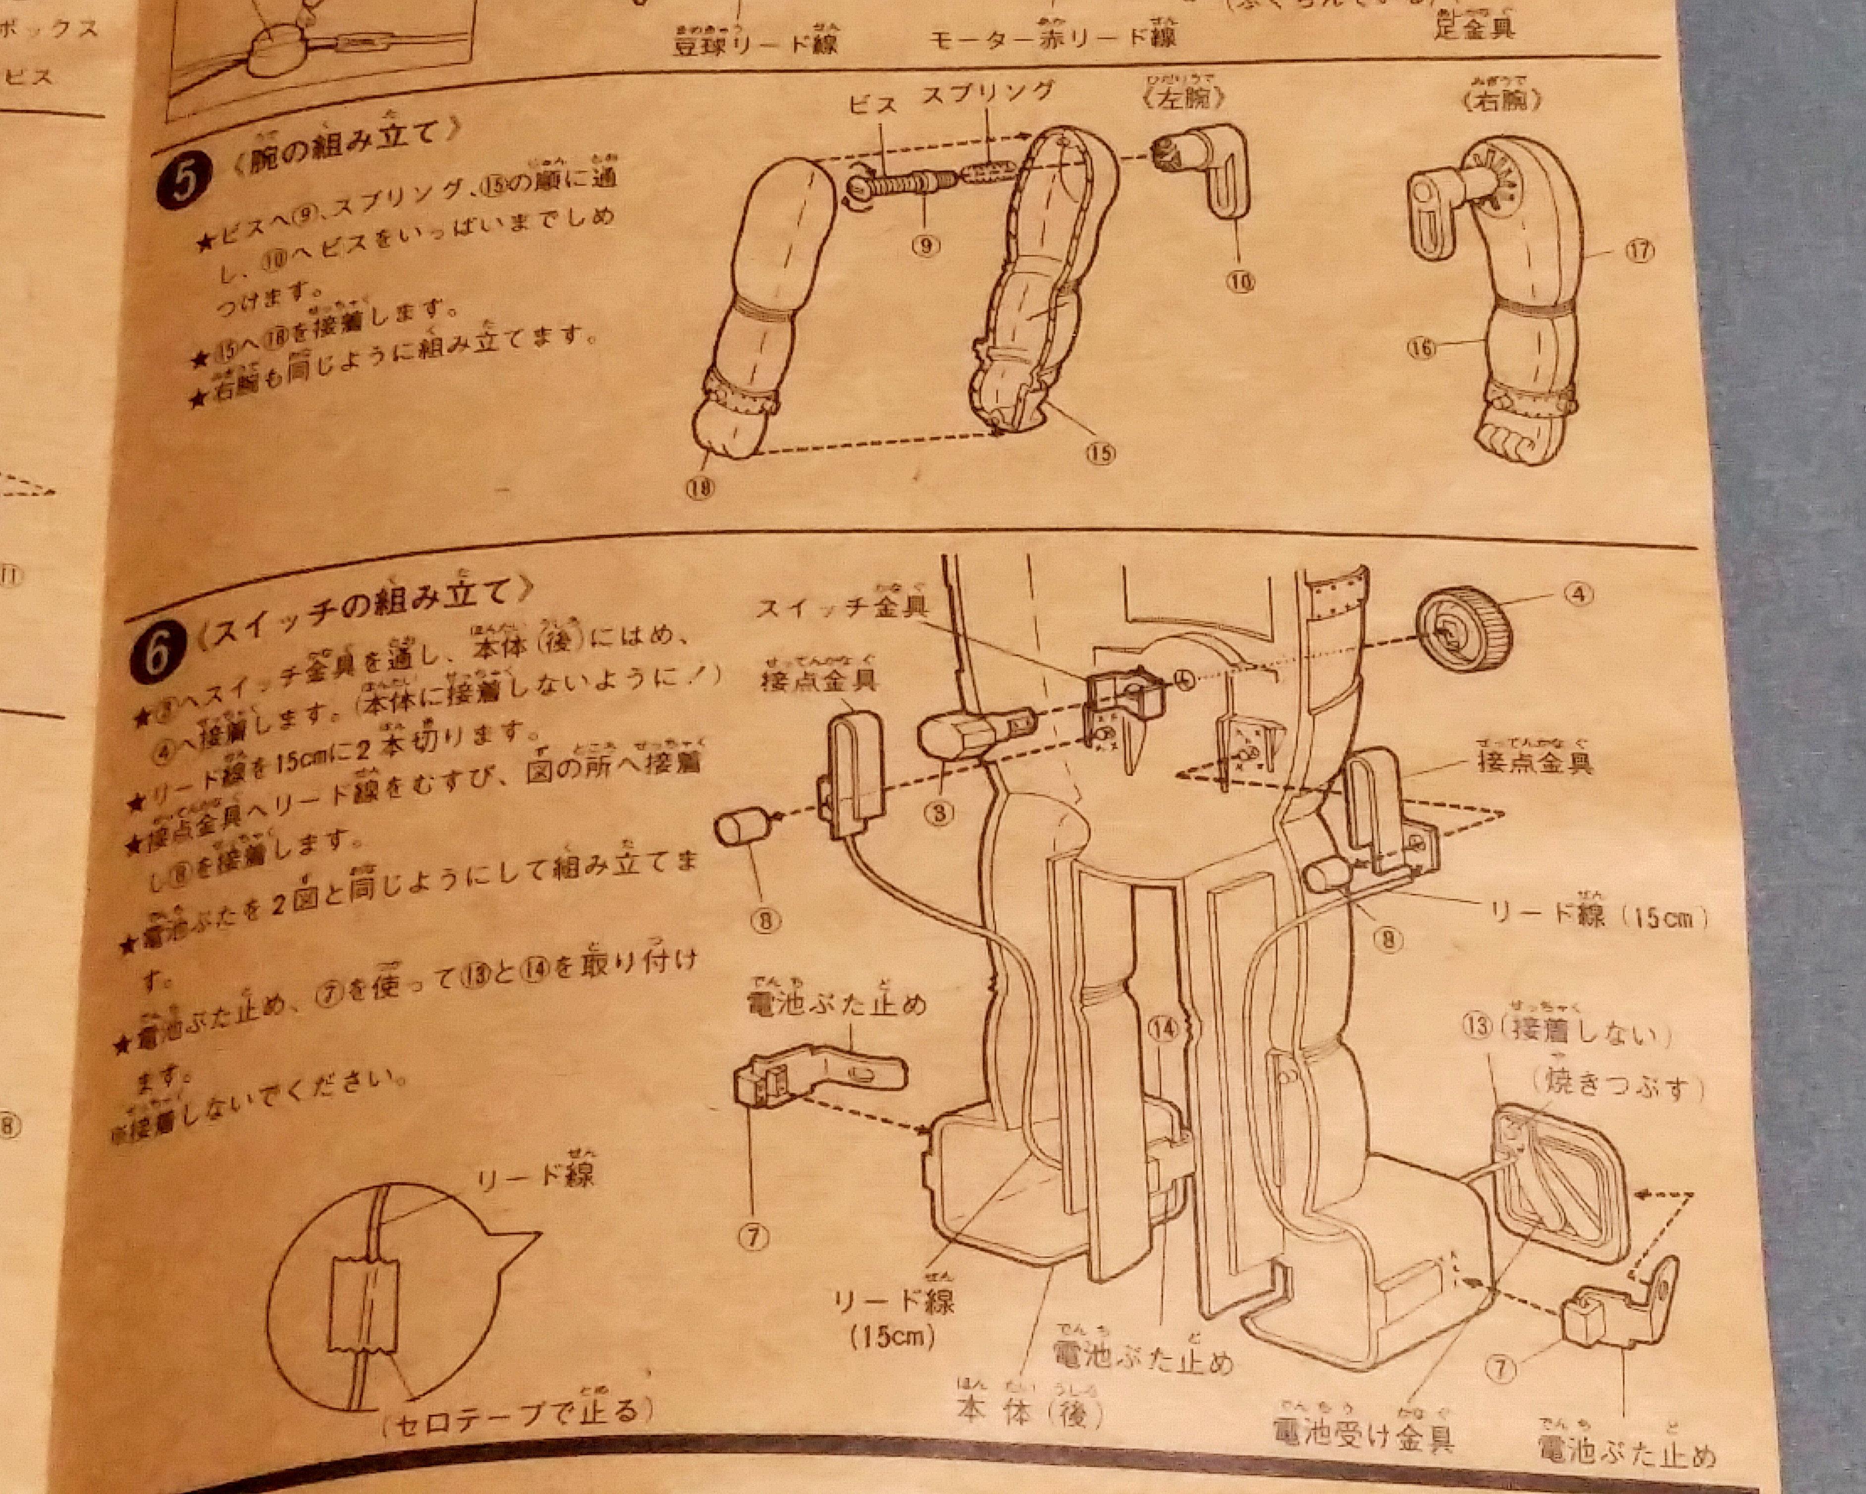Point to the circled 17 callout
click(x=1638, y=251)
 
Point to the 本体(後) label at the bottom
click(x=1030, y=1413)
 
